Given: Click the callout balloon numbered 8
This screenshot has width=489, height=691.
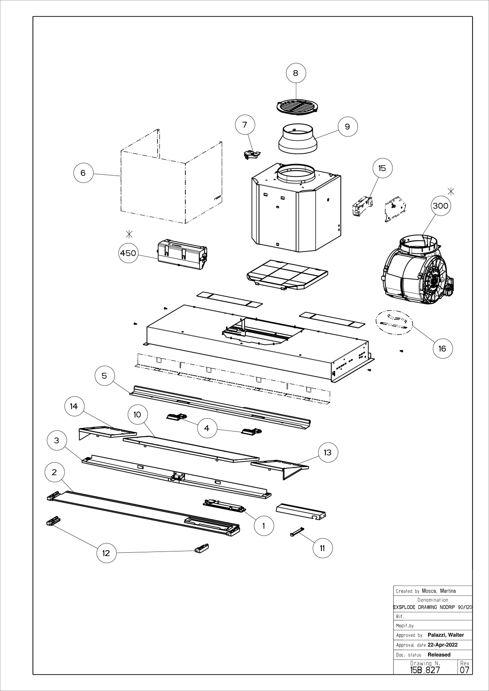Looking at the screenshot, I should click(x=296, y=72).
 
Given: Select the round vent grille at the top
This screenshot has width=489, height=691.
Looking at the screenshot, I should click(x=298, y=106).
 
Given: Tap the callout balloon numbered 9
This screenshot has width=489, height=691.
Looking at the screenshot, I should click(x=347, y=127).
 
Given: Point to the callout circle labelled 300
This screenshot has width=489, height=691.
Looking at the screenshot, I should click(x=440, y=206).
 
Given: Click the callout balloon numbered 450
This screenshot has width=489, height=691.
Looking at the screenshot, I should click(x=128, y=253).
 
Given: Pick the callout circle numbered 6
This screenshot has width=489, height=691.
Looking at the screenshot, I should click(x=83, y=172).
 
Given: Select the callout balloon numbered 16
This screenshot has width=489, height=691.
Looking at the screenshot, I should click(x=442, y=348).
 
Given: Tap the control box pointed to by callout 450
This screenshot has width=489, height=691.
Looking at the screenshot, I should click(x=182, y=254).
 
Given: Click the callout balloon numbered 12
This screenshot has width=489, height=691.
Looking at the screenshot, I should click(x=106, y=553).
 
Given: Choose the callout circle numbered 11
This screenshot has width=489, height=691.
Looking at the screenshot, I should click(x=322, y=548).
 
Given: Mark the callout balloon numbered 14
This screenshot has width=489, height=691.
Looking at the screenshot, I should click(x=74, y=406).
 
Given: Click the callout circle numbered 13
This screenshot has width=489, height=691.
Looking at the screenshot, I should click(x=328, y=452).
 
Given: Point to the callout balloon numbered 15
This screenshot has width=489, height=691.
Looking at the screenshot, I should click(x=382, y=168).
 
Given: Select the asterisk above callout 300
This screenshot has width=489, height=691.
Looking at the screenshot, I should click(x=451, y=192).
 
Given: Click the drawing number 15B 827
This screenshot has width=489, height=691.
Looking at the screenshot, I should click(x=425, y=670).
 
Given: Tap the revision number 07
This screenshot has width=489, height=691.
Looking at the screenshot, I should click(x=465, y=670).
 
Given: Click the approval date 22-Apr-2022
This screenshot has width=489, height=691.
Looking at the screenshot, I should click(x=442, y=645).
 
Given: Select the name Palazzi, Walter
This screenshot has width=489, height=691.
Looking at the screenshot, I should click(x=445, y=635).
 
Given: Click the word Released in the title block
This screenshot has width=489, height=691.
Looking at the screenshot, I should click(x=439, y=655).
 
